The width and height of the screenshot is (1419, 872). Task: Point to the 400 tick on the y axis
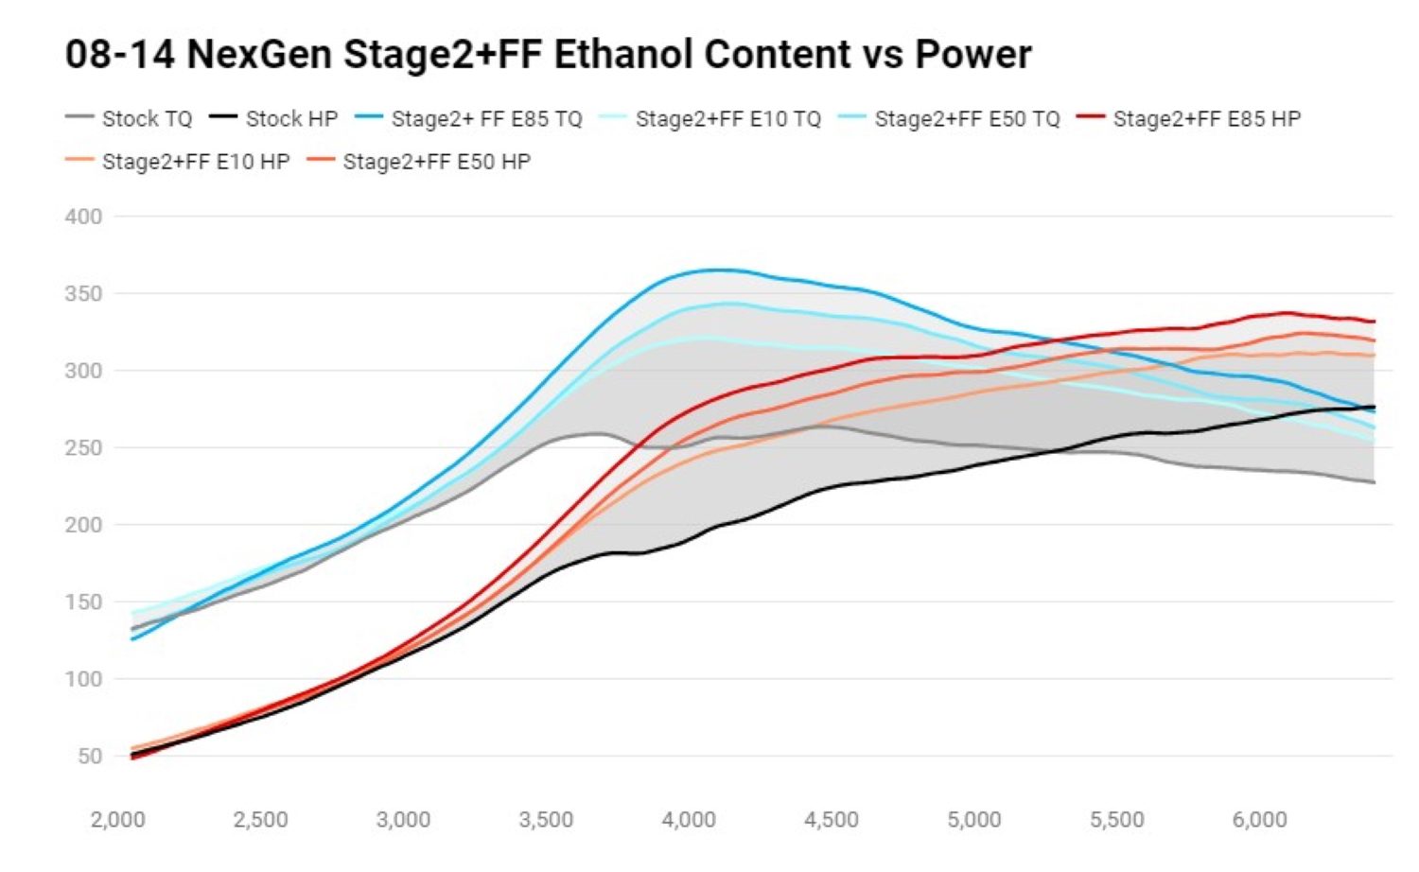(83, 217)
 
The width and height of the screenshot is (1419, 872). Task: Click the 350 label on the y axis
(83, 293)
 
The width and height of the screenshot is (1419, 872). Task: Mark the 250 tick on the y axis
(83, 447)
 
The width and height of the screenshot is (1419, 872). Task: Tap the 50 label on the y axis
(89, 756)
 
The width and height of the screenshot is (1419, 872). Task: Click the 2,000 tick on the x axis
(118, 819)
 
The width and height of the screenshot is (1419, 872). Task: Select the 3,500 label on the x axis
(546, 819)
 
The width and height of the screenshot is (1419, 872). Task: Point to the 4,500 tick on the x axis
(832, 819)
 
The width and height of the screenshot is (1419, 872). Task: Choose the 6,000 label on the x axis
(1259, 819)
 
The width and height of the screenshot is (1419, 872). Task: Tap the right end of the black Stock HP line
(1374, 408)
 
